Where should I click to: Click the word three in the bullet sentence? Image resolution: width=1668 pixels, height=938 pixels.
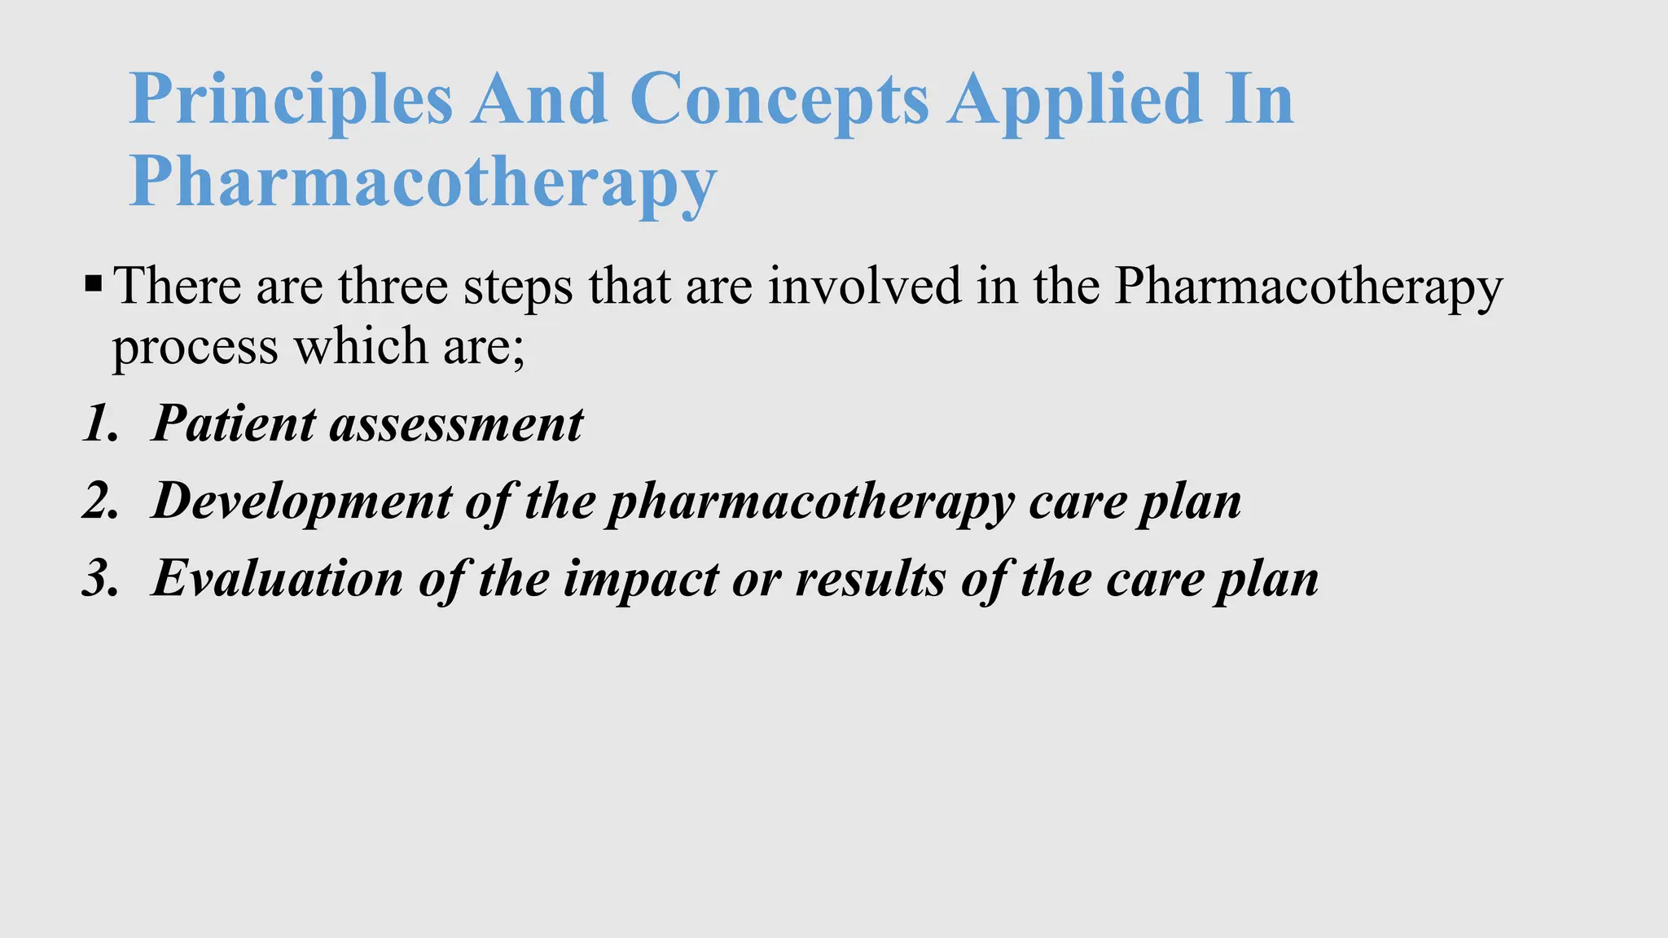393,287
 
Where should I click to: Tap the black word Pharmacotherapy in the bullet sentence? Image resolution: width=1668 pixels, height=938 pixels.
1308,287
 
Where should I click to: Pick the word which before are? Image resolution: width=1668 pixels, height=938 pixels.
360,347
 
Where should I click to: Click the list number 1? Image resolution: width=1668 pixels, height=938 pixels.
98,424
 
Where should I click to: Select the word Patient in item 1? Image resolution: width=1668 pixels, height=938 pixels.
234,424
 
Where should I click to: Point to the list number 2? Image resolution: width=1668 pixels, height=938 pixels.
99,501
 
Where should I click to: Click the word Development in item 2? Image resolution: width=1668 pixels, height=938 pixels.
301,502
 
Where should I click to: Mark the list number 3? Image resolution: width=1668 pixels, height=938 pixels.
99,579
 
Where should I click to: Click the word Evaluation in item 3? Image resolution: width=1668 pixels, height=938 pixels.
277,579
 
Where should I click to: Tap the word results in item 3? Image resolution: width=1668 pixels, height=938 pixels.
869,579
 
